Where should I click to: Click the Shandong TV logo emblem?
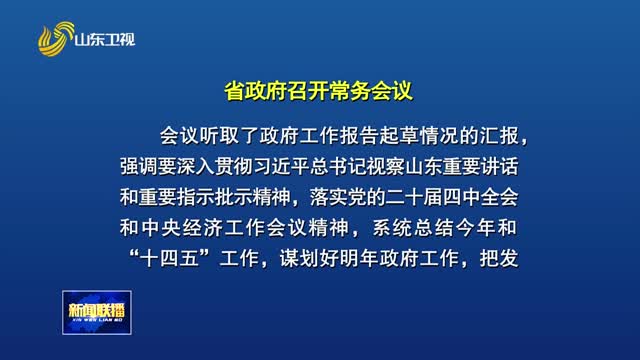[56, 40]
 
